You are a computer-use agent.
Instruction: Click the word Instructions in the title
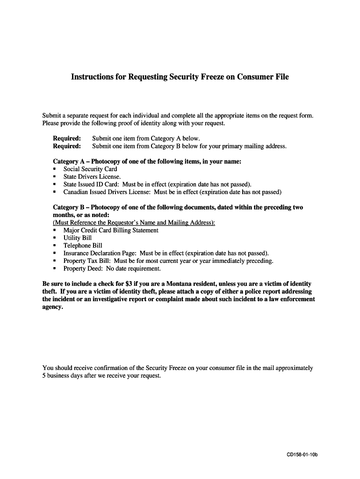tap(92, 77)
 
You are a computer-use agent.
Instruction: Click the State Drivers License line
tap(92, 177)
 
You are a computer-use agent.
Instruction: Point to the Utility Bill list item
tap(78, 238)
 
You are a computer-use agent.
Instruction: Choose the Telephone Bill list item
tap(83, 246)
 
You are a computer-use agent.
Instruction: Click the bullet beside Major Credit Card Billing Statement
tap(55, 230)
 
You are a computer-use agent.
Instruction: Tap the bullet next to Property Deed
tap(55, 269)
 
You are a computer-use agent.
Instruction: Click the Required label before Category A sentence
tap(67, 138)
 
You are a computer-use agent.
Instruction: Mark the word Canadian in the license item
tap(76, 192)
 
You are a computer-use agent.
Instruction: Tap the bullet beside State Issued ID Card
tap(55, 184)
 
